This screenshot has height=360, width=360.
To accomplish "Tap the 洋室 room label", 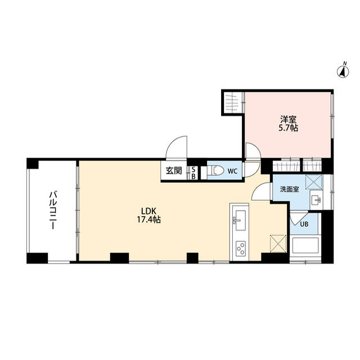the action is click(x=288, y=119).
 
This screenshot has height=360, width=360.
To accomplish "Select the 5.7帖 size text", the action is click(x=288, y=128).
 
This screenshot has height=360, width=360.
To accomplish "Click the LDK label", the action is click(x=148, y=211).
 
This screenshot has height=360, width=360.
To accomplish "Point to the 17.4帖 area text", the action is click(x=148, y=220).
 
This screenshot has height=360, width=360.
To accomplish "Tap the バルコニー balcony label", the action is click(x=53, y=210).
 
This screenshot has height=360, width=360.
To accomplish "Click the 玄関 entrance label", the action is click(x=174, y=170).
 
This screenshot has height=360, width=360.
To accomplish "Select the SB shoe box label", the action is click(x=193, y=173).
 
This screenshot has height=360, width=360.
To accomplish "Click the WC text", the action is click(x=232, y=171).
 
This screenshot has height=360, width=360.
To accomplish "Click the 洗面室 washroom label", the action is click(x=289, y=190).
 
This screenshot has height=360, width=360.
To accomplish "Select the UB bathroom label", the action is click(x=304, y=224).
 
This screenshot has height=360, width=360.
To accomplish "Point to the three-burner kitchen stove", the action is click(x=241, y=249).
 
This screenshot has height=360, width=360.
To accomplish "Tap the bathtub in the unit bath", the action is click(x=305, y=245).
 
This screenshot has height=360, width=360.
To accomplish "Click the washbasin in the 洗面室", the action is click(x=316, y=200).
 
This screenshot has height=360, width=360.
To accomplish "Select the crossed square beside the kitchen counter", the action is click(x=278, y=244).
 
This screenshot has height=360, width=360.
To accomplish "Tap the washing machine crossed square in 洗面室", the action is click(x=314, y=182).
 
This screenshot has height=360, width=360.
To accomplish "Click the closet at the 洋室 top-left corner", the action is click(x=233, y=102).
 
